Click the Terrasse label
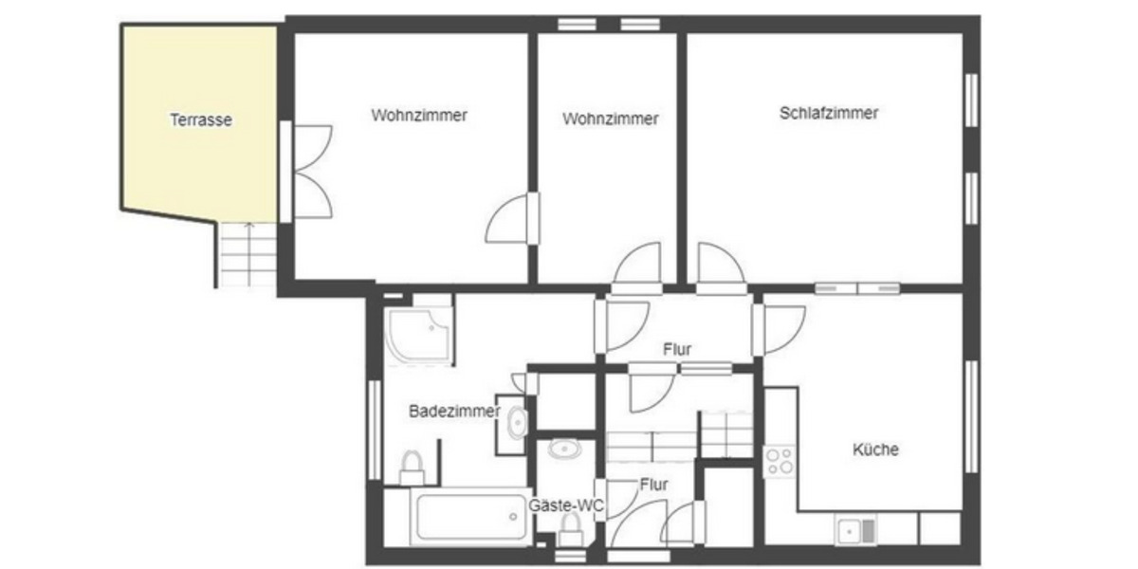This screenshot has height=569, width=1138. (201, 120)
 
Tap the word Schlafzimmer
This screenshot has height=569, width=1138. (829, 113)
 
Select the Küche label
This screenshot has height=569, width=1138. (875, 450)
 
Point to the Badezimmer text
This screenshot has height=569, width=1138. (454, 412)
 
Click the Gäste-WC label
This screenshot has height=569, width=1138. (566, 505)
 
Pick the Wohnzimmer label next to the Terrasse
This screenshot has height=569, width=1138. (419, 116)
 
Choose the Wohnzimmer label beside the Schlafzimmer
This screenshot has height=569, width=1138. (610, 119)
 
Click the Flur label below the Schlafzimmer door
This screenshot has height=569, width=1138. (677, 350)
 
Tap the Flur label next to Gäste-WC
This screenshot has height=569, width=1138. (653, 485)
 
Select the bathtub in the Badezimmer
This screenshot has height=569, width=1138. (471, 517)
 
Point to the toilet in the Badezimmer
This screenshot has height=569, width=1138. (412, 467)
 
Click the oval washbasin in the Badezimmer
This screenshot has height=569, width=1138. (517, 422)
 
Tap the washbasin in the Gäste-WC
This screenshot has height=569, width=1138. (566, 449)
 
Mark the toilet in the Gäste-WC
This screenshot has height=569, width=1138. (571, 533)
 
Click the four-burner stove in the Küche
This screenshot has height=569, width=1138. (780, 462)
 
